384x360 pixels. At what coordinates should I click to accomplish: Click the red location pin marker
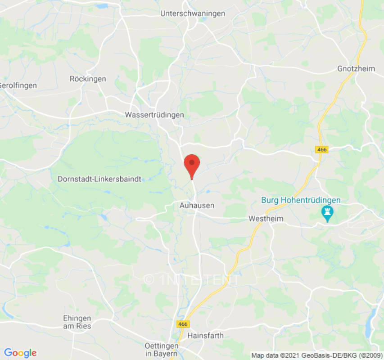pyautogui.click(x=192, y=165)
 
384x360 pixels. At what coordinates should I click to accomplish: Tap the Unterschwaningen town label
pyautogui.click(x=192, y=13)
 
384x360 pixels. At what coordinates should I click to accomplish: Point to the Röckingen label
pyautogui.click(x=88, y=79)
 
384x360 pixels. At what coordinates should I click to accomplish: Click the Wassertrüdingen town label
pyautogui.click(x=154, y=115)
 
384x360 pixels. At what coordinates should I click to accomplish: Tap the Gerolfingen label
pyautogui.click(x=18, y=85)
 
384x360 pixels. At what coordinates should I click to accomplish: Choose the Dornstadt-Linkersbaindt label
pyautogui.click(x=99, y=179)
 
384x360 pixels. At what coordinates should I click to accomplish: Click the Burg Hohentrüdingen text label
pyautogui.click(x=301, y=200)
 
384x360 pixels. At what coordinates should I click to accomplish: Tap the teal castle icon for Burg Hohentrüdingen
pyautogui.click(x=327, y=213)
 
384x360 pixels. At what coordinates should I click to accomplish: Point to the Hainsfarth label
pyautogui.click(x=205, y=335)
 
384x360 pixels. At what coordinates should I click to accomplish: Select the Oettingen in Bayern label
pyautogui.click(x=162, y=350)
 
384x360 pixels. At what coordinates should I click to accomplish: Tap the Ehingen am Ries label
pyautogui.click(x=77, y=322)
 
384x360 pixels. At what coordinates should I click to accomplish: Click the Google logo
pyautogui.click(x=20, y=353)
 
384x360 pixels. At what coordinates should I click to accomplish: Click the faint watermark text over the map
pyautogui.click(x=191, y=279)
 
